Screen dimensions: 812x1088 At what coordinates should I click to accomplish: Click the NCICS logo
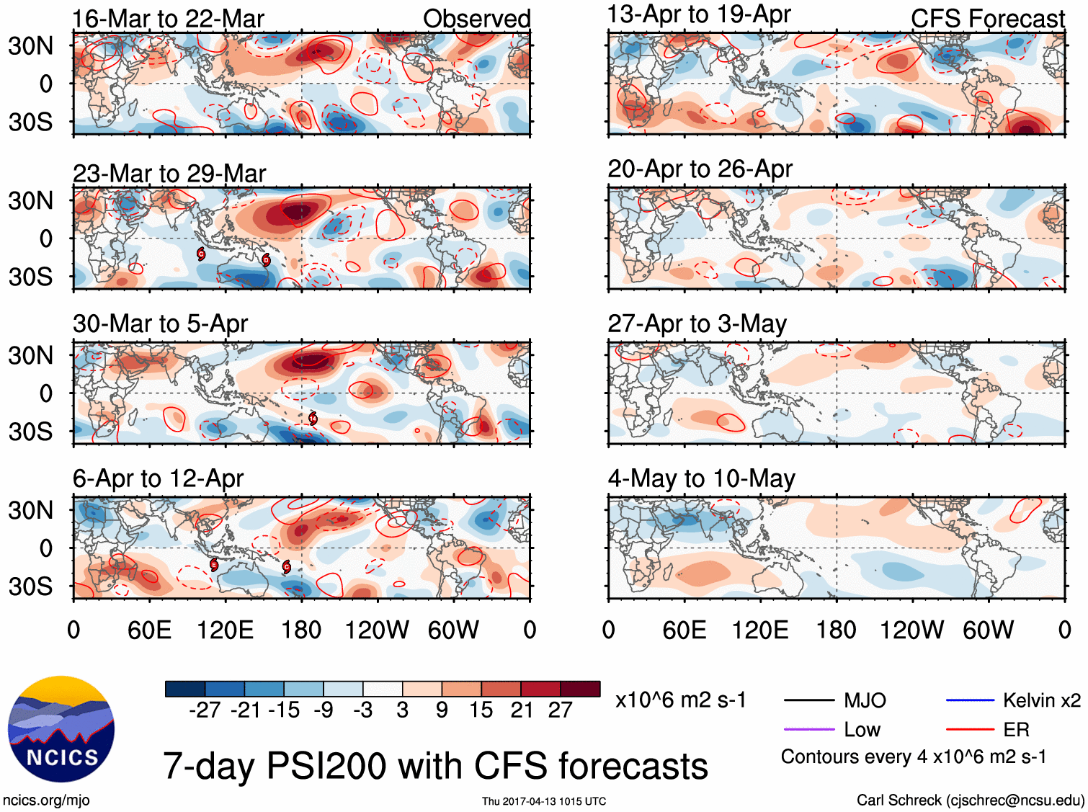(x=61, y=728)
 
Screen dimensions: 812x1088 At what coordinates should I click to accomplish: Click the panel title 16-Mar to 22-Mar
(x=168, y=19)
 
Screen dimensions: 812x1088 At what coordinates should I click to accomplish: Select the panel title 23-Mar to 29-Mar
(x=169, y=174)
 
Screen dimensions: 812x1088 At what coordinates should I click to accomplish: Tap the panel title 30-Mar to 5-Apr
(x=160, y=324)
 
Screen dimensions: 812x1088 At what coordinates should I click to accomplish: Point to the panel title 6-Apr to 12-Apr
(x=158, y=478)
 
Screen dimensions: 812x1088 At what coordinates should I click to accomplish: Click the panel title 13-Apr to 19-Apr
(x=699, y=14)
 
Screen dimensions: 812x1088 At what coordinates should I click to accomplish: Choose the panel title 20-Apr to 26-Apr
(x=700, y=169)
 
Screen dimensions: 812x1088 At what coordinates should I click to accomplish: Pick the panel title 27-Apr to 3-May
(x=697, y=324)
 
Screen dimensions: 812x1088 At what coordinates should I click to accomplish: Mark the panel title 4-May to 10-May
(x=701, y=478)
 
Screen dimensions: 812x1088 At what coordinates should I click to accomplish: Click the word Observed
(x=476, y=19)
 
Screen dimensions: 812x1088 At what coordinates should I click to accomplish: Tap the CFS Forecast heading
(x=987, y=19)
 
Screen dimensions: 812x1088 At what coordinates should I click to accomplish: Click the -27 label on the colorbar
(x=205, y=710)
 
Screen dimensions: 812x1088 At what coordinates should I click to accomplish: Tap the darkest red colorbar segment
(x=580, y=689)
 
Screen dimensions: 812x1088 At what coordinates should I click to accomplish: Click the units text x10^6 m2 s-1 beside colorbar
(x=681, y=700)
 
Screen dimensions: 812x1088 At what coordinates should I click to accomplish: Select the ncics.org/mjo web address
(x=46, y=800)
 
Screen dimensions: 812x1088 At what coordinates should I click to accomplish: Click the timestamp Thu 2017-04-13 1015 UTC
(x=544, y=801)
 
